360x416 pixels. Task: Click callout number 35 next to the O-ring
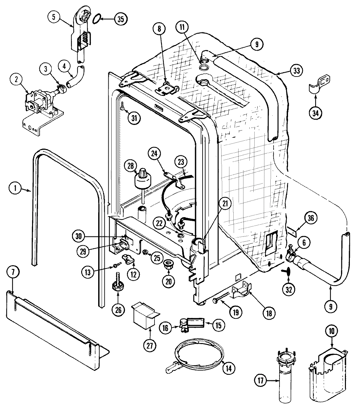pyautogui.click(x=120, y=19)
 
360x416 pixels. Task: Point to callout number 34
pyautogui.click(x=315, y=113)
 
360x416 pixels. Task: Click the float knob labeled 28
pyautogui.click(x=143, y=174)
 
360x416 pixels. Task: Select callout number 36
pyautogui.click(x=311, y=218)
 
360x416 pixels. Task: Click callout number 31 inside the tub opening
pyautogui.click(x=133, y=118)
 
